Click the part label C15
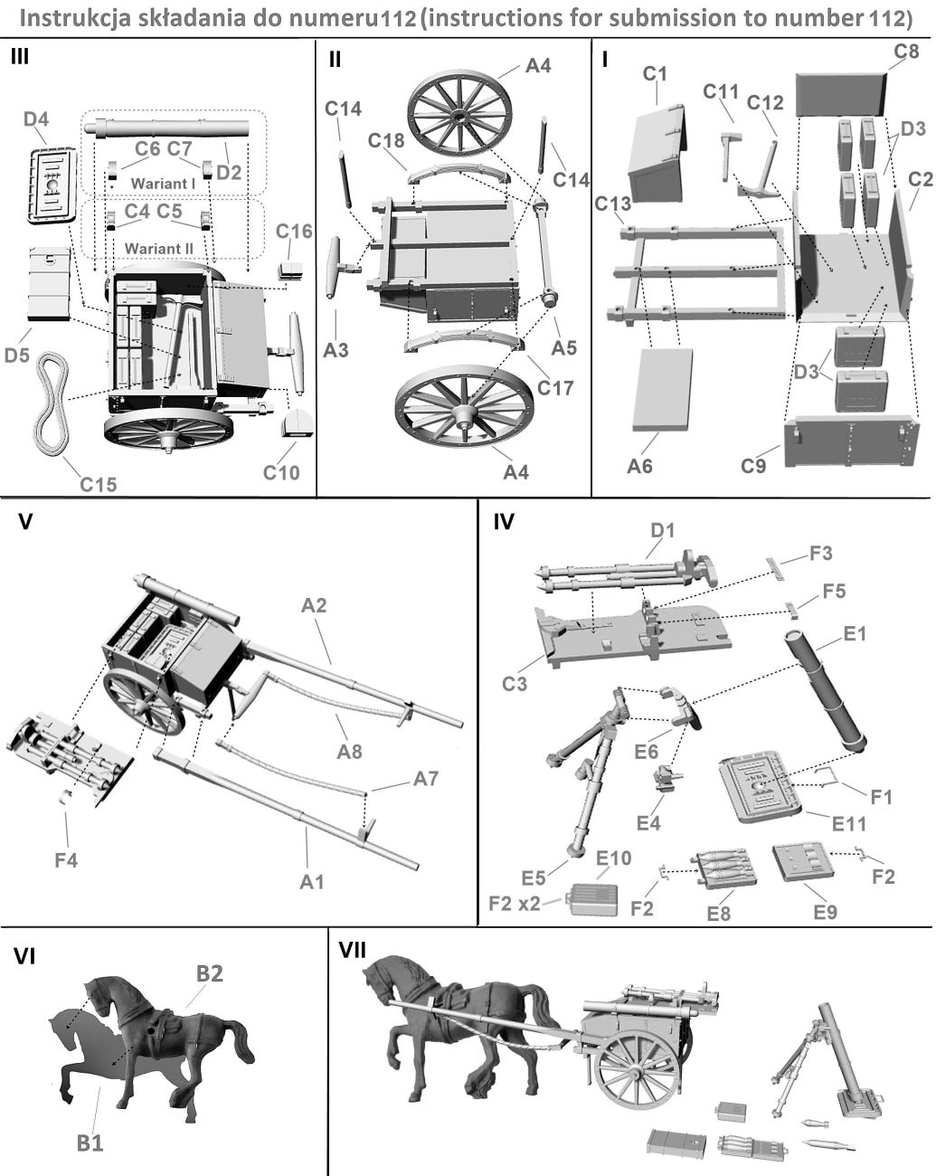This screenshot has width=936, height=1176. (98, 484)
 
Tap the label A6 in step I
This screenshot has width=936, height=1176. (640, 466)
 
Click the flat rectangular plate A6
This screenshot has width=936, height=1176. (662, 389)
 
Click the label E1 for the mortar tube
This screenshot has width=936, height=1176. (855, 633)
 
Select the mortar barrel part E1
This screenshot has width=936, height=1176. (825, 689)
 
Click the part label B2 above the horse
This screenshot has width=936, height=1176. (210, 973)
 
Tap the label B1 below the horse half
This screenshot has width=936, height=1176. (89, 1143)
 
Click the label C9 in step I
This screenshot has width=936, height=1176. (753, 466)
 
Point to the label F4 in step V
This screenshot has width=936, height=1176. (66, 859)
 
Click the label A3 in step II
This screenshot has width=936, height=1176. (336, 349)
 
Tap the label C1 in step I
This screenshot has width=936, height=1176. (655, 74)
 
